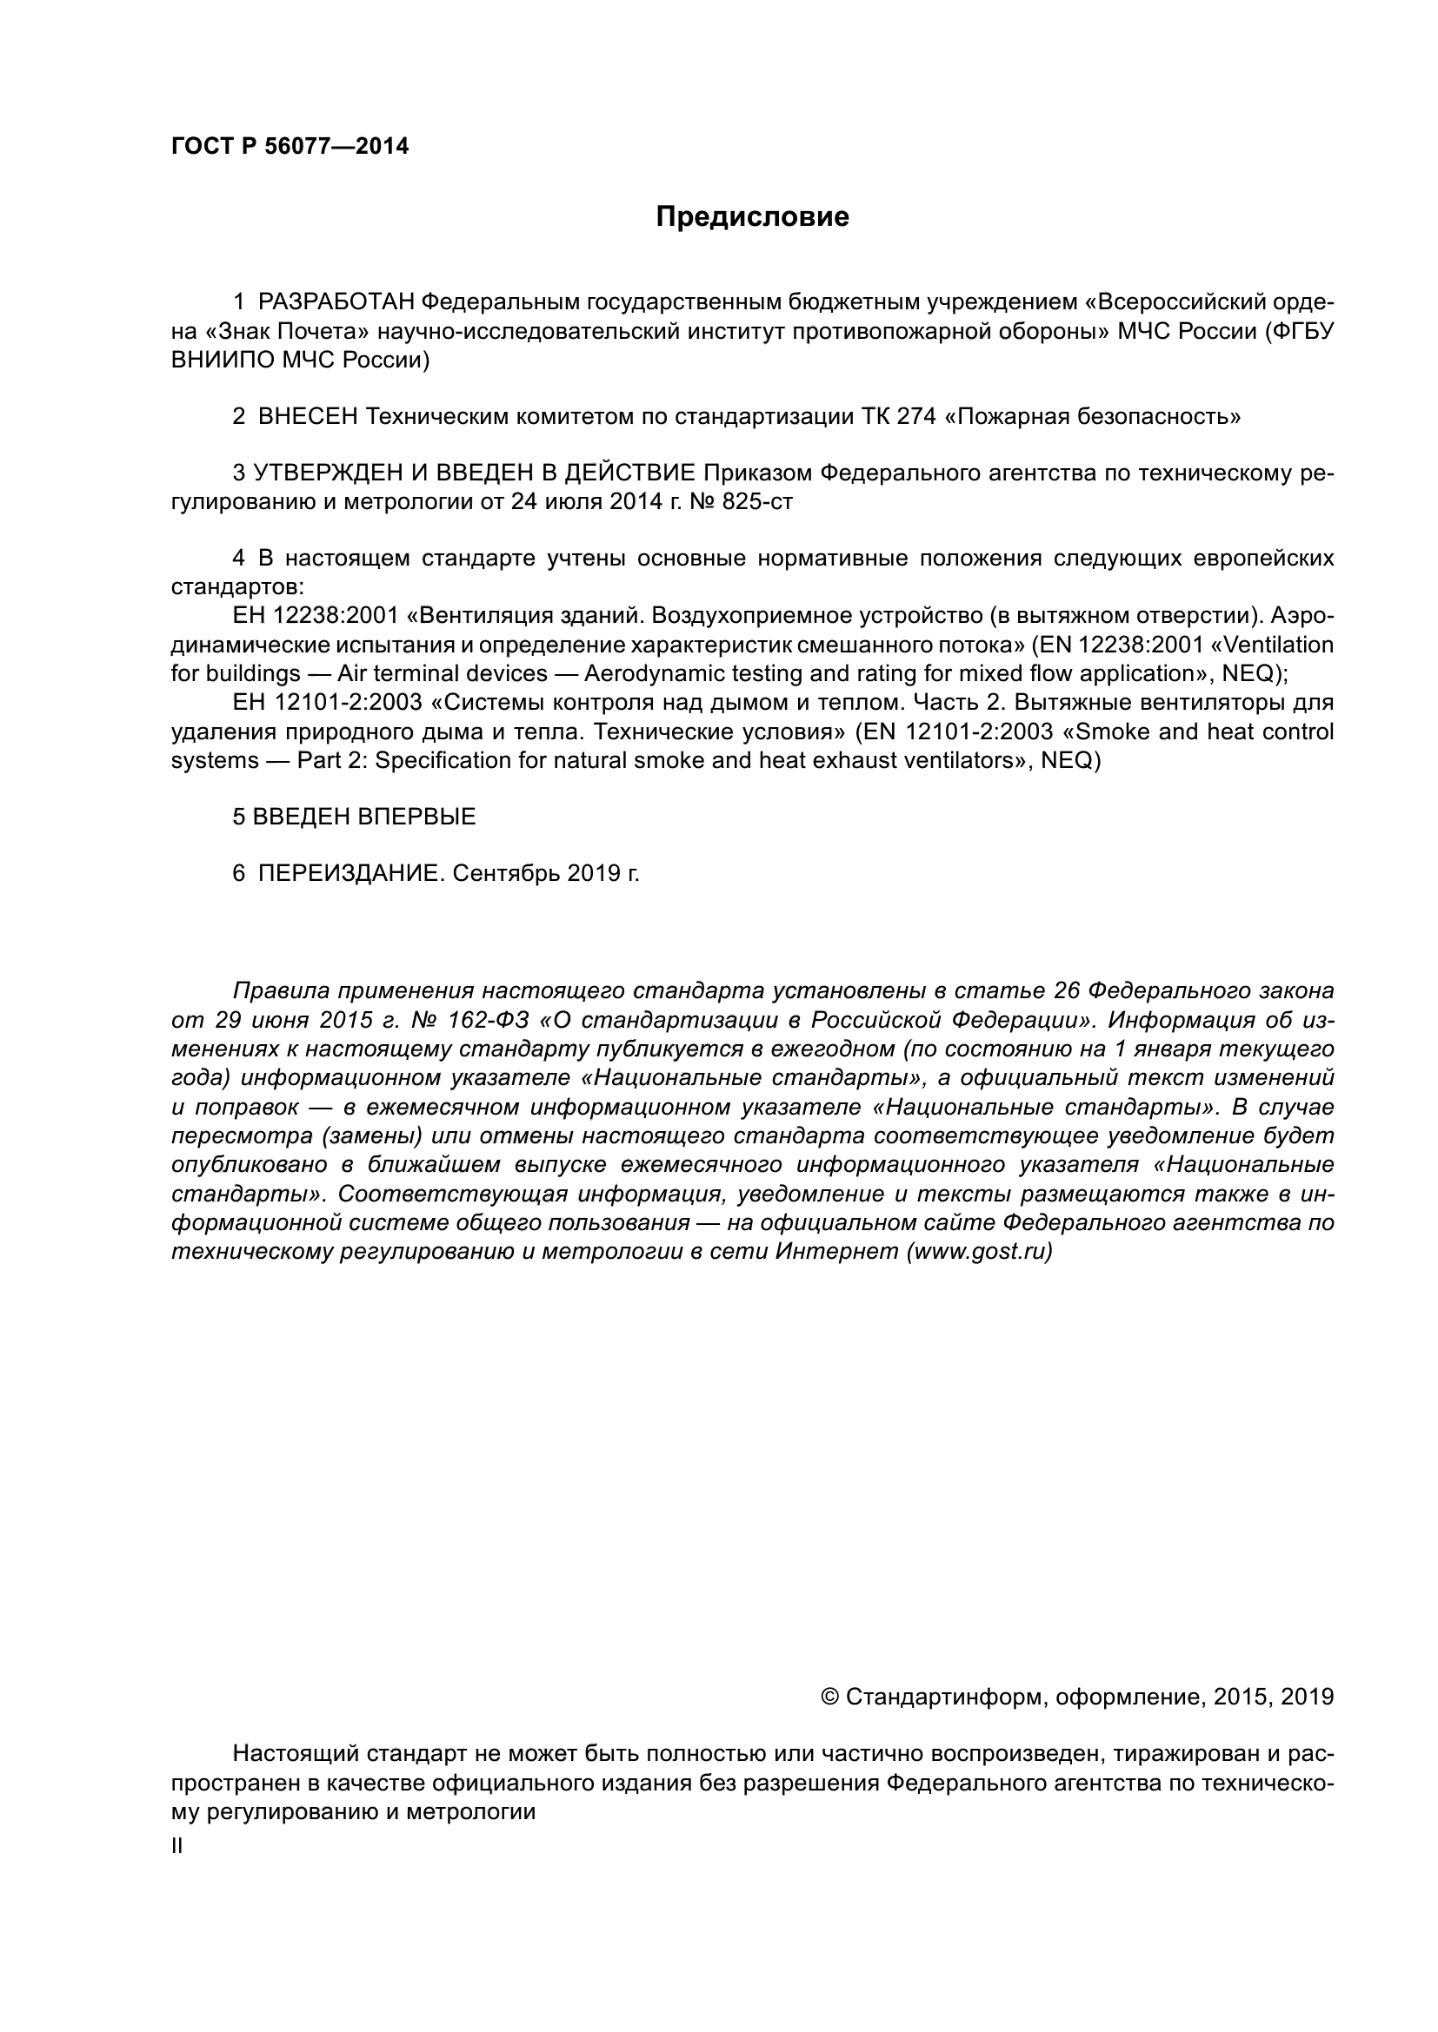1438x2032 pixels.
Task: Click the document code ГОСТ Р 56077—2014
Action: click(x=290, y=147)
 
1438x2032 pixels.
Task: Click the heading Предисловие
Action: click(x=752, y=217)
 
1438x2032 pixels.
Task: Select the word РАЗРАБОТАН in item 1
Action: click(x=336, y=302)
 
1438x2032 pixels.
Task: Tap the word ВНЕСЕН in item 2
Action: click(x=306, y=417)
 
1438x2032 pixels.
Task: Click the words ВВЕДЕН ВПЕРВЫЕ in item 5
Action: click(x=364, y=817)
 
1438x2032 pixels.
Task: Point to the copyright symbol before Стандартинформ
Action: click(x=829, y=1698)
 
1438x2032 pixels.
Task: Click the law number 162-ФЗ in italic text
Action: click(x=488, y=1021)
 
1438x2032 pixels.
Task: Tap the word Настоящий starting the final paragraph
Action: click(x=294, y=1754)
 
